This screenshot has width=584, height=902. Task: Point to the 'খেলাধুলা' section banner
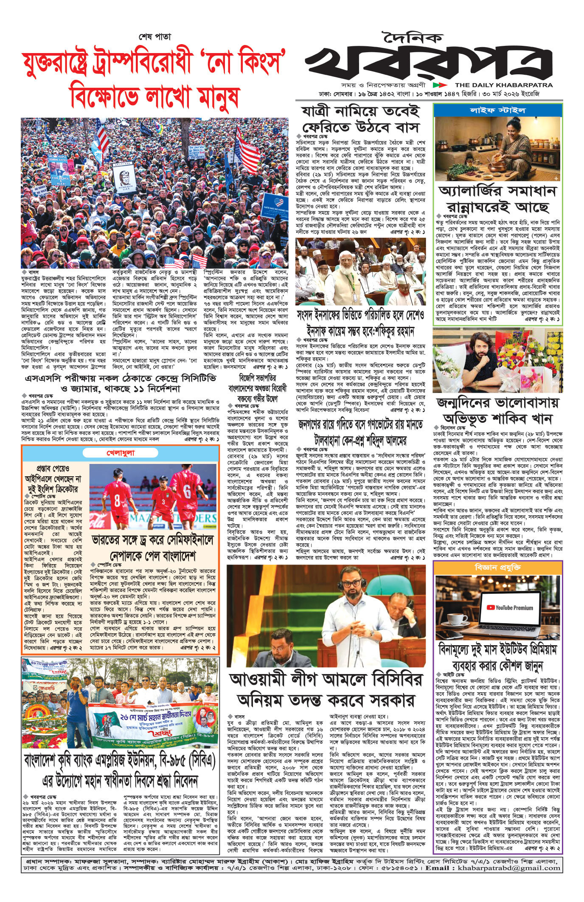[x=121, y=453]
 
